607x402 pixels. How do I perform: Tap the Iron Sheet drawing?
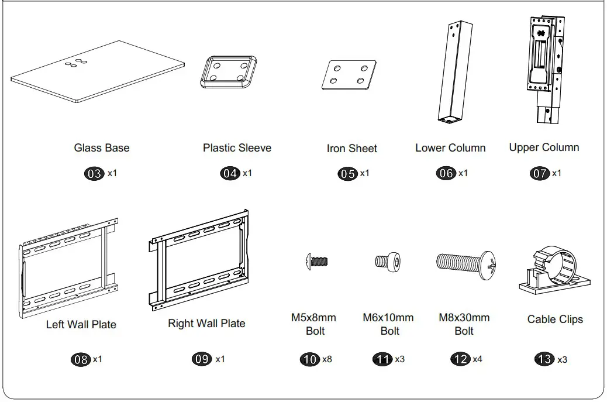tap(349, 75)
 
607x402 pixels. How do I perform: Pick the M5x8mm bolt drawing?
tap(318, 262)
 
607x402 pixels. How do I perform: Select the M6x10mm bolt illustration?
tap(389, 262)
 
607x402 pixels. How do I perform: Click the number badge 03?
tap(94, 174)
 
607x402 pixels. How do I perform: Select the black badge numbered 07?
tap(539, 174)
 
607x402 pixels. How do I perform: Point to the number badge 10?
tap(309, 359)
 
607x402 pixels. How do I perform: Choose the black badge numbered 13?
tap(544, 359)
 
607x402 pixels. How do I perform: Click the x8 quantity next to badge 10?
tap(327, 359)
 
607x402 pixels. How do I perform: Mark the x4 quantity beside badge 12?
tap(477, 359)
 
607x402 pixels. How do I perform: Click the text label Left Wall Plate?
tap(81, 324)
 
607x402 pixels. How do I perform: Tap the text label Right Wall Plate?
tap(206, 324)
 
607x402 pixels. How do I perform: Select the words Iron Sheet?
tap(351, 149)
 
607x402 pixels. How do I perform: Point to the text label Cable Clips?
tap(555, 319)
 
